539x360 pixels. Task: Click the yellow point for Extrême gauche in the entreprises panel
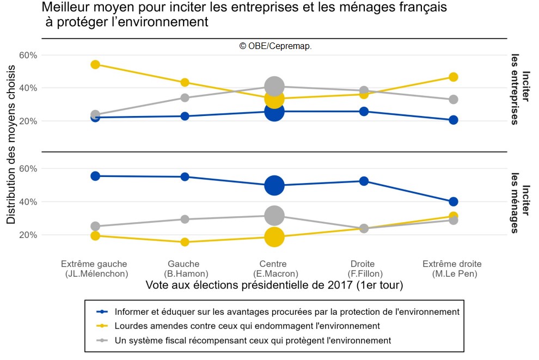tap(95, 64)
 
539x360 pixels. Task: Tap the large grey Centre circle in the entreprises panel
tap(274, 86)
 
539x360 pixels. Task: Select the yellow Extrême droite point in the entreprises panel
tap(453, 77)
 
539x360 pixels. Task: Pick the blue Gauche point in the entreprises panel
tap(185, 116)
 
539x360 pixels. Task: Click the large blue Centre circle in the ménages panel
tap(274, 185)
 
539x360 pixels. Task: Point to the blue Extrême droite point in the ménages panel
tap(453, 202)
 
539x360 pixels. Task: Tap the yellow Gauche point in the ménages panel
tap(185, 242)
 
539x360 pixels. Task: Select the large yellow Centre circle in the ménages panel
tap(274, 237)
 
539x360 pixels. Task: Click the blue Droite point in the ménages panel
tap(364, 181)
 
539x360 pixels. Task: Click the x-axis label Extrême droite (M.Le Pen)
tap(453, 269)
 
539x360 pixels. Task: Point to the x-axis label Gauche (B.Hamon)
tap(185, 269)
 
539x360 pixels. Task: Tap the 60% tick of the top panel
tap(28, 55)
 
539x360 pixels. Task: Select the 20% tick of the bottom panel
tap(28, 235)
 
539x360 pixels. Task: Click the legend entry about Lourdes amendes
tap(247, 326)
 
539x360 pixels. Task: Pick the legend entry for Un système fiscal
tap(253, 340)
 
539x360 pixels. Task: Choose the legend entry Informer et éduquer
tap(287, 312)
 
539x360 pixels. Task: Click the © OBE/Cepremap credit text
tap(275, 46)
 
